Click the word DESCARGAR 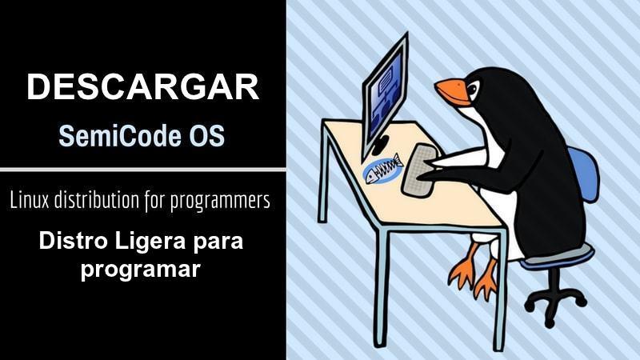(143, 86)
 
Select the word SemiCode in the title (120, 135)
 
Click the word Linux (29, 200)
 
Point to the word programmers (220, 202)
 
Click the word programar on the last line (141, 270)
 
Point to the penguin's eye (474, 89)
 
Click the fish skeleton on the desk (382, 169)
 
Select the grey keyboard (419, 170)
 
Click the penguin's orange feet (474, 270)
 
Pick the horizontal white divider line (143, 170)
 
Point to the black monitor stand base (379, 146)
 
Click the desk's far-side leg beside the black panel (324, 171)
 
